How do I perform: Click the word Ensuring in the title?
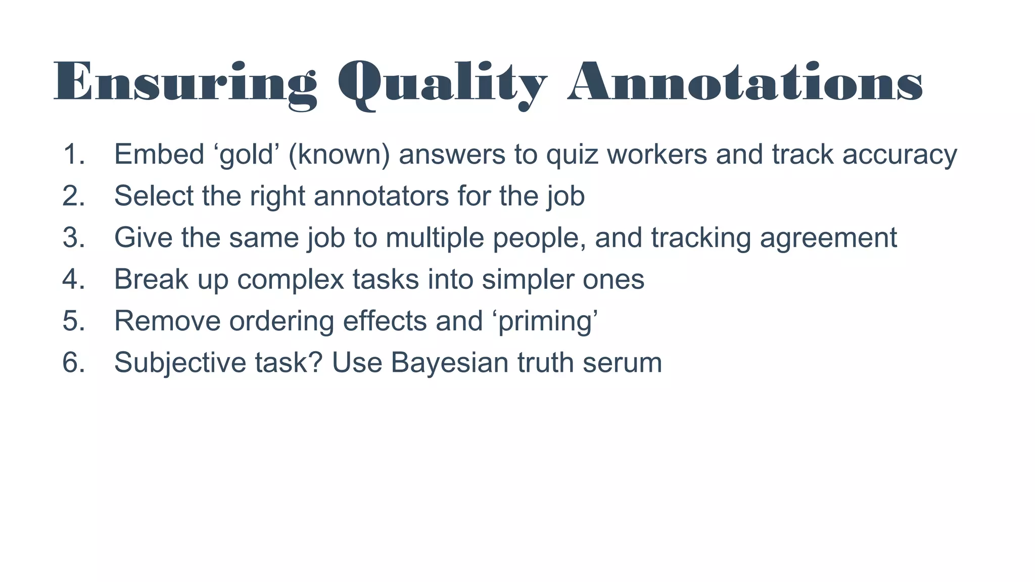(185, 82)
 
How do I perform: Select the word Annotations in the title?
(745, 82)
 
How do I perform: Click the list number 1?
(74, 154)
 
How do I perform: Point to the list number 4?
(74, 279)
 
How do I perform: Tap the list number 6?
(74, 362)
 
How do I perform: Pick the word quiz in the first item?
(567, 154)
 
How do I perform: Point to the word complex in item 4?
(291, 279)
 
